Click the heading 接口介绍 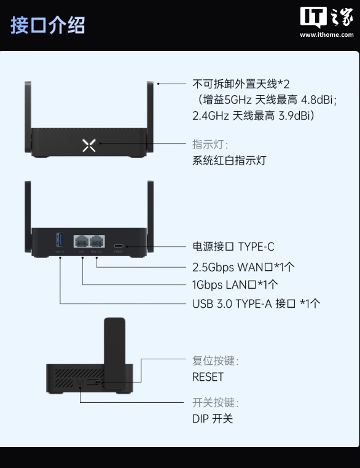click(x=47, y=25)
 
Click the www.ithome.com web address click(x=326, y=35)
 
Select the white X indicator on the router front click(x=89, y=145)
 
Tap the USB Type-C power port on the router click(x=119, y=245)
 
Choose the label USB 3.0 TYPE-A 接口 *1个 click(x=256, y=303)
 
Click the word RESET click(x=208, y=376)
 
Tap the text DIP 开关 click(x=213, y=419)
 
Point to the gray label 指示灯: click(x=210, y=145)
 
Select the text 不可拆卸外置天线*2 click(x=240, y=84)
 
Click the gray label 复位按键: click(x=215, y=361)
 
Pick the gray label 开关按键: click(x=215, y=403)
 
